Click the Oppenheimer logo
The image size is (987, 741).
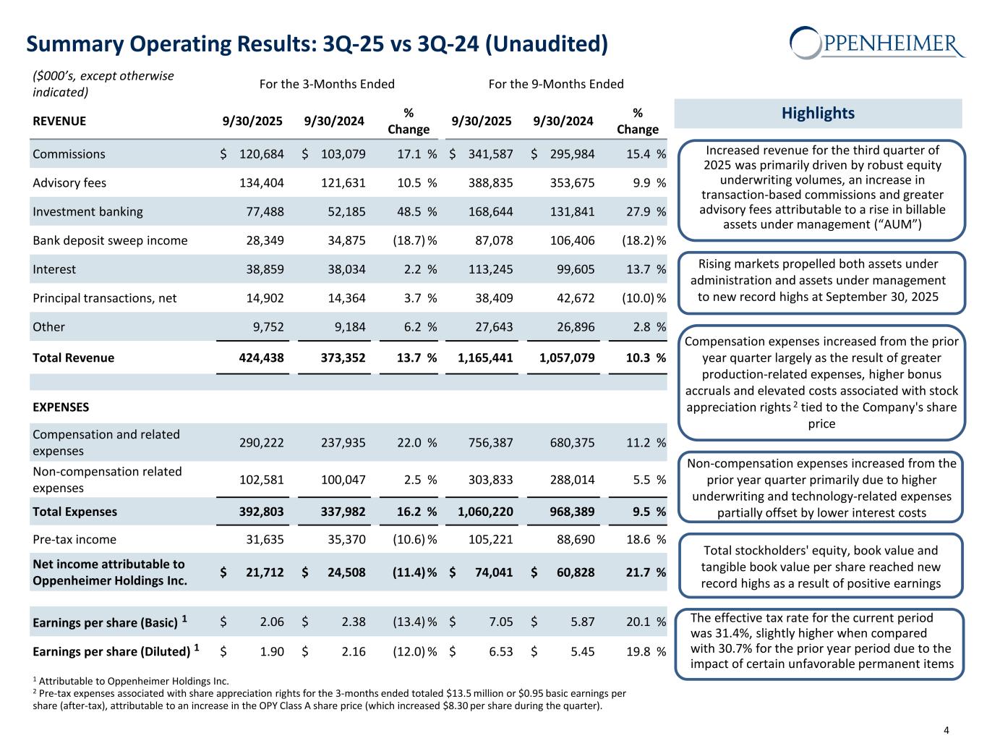(x=877, y=43)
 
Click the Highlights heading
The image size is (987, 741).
(x=818, y=113)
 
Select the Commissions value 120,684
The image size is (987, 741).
(x=261, y=154)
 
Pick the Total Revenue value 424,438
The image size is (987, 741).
(x=261, y=357)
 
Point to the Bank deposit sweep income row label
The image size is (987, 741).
(x=110, y=240)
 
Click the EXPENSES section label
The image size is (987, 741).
(x=61, y=407)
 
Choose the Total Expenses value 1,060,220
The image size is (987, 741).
(x=485, y=512)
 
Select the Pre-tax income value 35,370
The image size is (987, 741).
(x=345, y=539)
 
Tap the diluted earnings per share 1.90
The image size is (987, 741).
(x=272, y=651)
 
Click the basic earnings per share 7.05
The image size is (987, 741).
(x=501, y=622)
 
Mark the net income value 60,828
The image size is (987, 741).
(x=576, y=572)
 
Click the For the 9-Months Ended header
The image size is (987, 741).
(x=556, y=84)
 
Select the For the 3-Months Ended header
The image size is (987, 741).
(x=327, y=84)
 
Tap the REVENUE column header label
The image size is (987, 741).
(x=59, y=121)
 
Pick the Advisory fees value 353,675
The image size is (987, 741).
(x=571, y=182)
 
